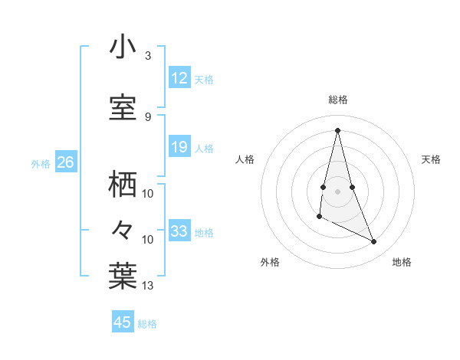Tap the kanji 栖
(123, 185)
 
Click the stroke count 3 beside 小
(147, 56)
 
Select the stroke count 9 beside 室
(147, 116)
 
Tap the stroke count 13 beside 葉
(148, 286)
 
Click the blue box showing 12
(179, 78)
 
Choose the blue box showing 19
(179, 148)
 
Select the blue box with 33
(179, 231)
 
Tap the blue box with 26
(65, 162)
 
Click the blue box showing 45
(123, 322)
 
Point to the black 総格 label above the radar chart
(338, 100)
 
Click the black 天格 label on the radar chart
(431, 159)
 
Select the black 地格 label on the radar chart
(402, 262)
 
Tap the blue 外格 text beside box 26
(41, 163)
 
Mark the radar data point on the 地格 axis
(374, 242)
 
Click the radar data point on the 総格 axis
(337, 130)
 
